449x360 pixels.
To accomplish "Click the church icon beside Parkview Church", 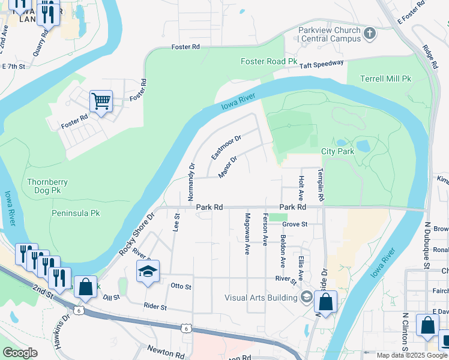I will click(370, 34).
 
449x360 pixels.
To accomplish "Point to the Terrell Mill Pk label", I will click(385, 79).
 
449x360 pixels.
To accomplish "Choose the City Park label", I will click(337, 151).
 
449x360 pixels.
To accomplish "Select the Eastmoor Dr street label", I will click(226, 147).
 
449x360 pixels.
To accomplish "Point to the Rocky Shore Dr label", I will click(137, 234).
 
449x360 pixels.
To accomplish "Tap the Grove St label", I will click(295, 224).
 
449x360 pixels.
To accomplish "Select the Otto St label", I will click(181, 287).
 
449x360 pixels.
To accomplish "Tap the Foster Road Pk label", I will click(269, 61).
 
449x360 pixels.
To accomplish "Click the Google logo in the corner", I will click(19, 353).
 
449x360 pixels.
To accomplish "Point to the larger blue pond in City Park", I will click(364, 145).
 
